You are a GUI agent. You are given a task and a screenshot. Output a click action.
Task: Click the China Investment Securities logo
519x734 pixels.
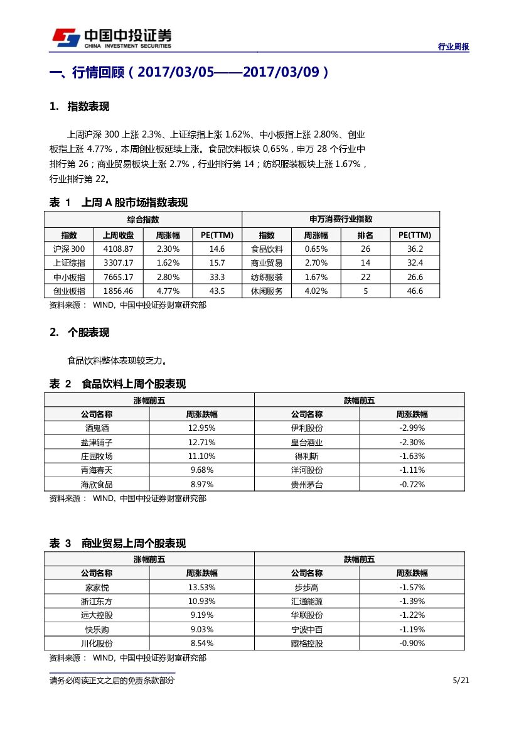pyautogui.click(x=112, y=38)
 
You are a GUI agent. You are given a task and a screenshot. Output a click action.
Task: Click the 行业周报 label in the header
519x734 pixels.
pyautogui.click(x=453, y=46)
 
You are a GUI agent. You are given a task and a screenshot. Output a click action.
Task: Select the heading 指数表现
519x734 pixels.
pyautogui.click(x=88, y=107)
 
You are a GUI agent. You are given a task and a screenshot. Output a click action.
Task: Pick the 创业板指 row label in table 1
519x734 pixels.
pyautogui.click(x=69, y=291)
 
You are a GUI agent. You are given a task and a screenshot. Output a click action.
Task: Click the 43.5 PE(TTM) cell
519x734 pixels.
pyautogui.click(x=217, y=291)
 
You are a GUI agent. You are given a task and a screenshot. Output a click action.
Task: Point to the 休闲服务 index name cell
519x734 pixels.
pyautogui.click(x=267, y=291)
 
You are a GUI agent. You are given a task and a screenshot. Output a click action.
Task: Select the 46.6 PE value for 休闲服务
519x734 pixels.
pyautogui.click(x=415, y=291)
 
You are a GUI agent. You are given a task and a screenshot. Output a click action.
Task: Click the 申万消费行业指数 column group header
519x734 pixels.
pyautogui.click(x=341, y=219)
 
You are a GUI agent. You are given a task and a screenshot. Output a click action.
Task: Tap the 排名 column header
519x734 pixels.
pyautogui.click(x=365, y=235)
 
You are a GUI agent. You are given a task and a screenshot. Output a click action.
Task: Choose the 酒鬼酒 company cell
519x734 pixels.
pyautogui.click(x=97, y=428)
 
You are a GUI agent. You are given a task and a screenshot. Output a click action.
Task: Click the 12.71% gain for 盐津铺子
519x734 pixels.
pyautogui.click(x=201, y=442)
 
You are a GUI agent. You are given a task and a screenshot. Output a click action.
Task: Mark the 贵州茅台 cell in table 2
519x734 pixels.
pyautogui.click(x=307, y=484)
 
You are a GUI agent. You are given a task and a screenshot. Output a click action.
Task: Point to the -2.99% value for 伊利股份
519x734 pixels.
pyautogui.click(x=412, y=428)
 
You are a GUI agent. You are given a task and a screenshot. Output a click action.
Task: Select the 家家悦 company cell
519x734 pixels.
pyautogui.click(x=97, y=587)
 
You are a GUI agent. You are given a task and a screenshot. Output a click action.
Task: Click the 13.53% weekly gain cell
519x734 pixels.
pyautogui.click(x=201, y=587)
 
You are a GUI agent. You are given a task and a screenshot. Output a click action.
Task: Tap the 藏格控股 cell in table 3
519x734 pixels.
pyautogui.click(x=307, y=643)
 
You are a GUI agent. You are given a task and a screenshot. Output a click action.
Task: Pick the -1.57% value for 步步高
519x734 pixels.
pyautogui.click(x=412, y=587)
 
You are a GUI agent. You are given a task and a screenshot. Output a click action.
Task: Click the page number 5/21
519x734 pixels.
pyautogui.click(x=461, y=681)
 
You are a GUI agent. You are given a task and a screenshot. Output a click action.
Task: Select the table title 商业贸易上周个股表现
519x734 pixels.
pyautogui.click(x=134, y=543)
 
